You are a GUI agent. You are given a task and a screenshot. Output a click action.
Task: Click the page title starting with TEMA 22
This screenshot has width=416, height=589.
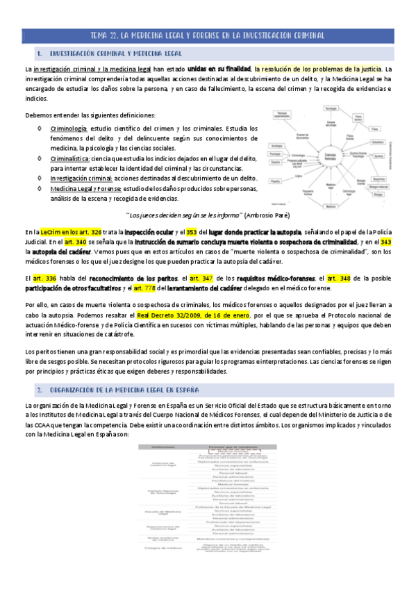point(208,35)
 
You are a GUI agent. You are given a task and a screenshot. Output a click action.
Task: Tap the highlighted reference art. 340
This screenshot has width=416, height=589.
point(76,242)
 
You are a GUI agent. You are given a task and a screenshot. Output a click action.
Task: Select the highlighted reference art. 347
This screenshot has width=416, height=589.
point(203,278)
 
